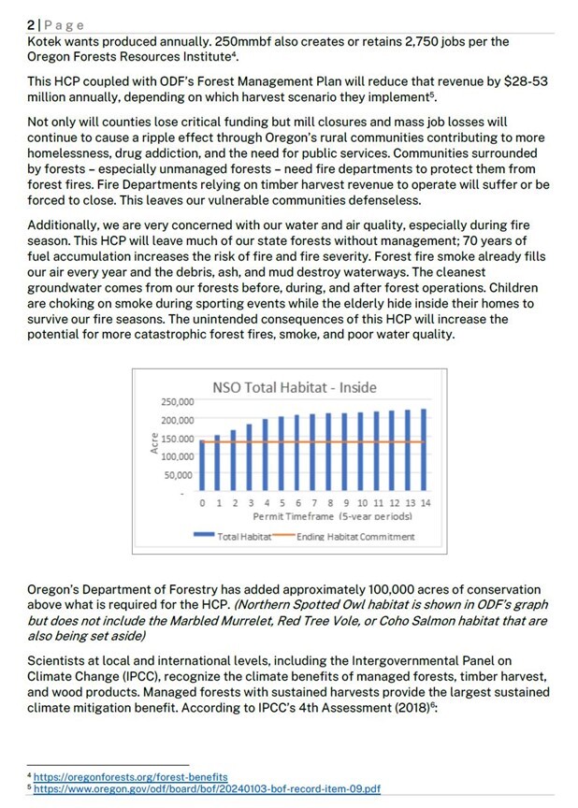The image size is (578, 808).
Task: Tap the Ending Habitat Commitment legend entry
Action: (342, 537)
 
